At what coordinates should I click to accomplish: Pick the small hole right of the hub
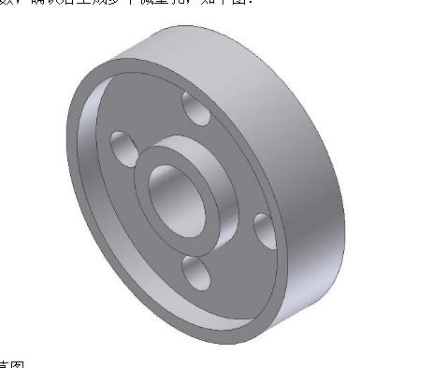pos(264,228)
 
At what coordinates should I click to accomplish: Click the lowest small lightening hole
pos(197,273)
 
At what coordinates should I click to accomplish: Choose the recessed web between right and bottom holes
pos(238,257)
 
